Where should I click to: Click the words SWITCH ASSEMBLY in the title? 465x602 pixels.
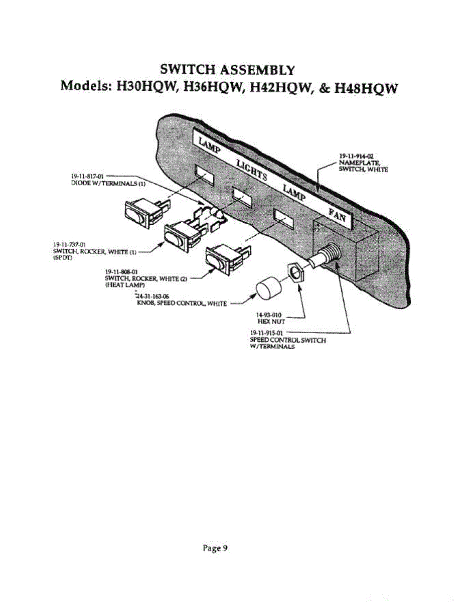pos(227,68)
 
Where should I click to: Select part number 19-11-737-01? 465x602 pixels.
pos(67,244)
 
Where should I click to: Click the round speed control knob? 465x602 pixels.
pos(269,290)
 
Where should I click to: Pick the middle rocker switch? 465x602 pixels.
pos(181,235)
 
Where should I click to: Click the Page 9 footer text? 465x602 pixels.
pos(215,548)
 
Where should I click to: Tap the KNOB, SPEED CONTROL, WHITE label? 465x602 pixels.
pos(182,303)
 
